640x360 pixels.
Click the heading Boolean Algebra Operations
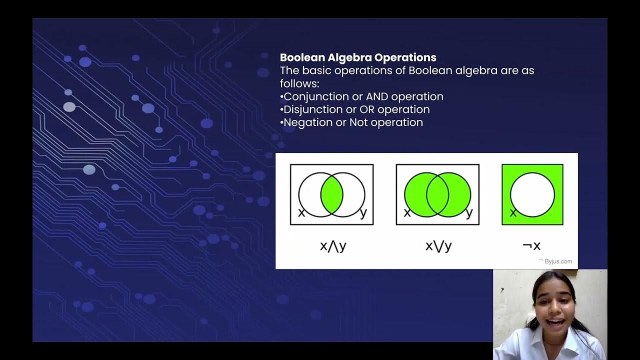358,57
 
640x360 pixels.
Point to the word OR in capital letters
367,109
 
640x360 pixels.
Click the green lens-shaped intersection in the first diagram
332,194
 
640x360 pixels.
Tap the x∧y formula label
333,246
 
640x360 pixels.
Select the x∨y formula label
438,246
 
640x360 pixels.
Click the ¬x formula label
531,246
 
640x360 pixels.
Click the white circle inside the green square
532,194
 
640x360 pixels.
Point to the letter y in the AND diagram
363,213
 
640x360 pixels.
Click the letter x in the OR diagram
407,213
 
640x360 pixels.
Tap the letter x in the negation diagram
512,213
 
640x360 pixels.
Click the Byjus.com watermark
557,261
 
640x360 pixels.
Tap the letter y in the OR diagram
469,213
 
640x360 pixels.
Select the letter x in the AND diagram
301,213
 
